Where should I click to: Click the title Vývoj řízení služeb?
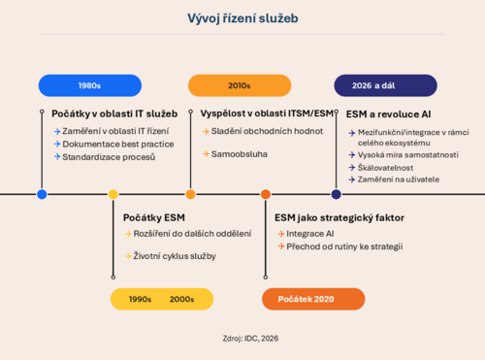pos(242,18)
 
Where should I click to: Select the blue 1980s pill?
pos(90,85)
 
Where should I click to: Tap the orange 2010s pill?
pos(240,85)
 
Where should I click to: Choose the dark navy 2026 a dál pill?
pos(385,85)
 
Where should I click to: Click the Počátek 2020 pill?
pos(313,299)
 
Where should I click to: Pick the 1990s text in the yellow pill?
pos(140,299)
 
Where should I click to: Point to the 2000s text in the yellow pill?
pos(181,299)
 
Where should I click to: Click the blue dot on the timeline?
pos(42,194)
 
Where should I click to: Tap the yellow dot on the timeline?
pos(113,194)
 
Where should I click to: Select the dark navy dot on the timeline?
pos(337,194)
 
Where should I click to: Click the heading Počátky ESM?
pos(154,217)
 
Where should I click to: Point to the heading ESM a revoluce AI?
pos(388,115)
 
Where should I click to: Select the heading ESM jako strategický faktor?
pos(339,218)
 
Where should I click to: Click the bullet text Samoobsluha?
pos(240,154)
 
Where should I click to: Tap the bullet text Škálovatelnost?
pos(385,168)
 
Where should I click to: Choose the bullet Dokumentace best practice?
pos(118,144)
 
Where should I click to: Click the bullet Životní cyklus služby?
pos(175,256)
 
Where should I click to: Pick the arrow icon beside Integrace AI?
pos(281,234)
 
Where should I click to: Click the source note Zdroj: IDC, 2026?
pos(250,339)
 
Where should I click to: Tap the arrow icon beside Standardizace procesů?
pos(57,157)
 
